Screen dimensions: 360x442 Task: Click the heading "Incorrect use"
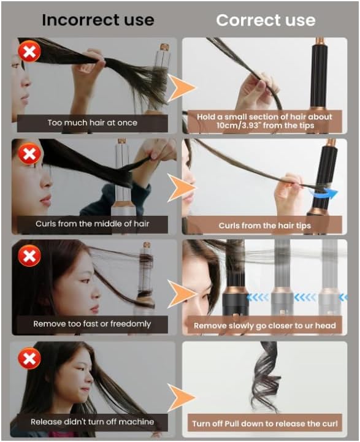pyautogui.click(x=98, y=20)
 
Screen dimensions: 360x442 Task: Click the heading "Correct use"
pyautogui.click(x=266, y=20)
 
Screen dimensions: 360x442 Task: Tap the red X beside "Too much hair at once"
pyautogui.click(x=29, y=51)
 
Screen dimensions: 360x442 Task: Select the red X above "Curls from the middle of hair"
pyautogui.click(x=29, y=154)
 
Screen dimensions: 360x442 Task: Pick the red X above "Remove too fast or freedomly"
pyautogui.click(x=29, y=256)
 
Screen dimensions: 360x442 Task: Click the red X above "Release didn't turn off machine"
pyautogui.click(x=29, y=358)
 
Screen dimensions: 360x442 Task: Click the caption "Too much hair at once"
pyautogui.click(x=93, y=123)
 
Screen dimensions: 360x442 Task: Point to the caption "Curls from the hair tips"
pyautogui.click(x=265, y=226)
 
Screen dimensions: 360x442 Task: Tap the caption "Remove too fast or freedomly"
pyautogui.click(x=92, y=324)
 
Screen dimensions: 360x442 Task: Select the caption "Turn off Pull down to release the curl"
pyautogui.click(x=265, y=424)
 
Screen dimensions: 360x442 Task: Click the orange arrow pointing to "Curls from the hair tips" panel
pyautogui.click(x=182, y=188)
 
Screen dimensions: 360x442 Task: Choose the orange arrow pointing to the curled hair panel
pyautogui.click(x=182, y=397)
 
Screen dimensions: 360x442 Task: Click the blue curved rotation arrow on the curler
pyautogui.click(x=324, y=193)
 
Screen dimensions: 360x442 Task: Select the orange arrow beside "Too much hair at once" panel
pyautogui.click(x=182, y=88)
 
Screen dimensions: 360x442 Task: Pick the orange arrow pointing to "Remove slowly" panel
pyautogui.click(x=182, y=294)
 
